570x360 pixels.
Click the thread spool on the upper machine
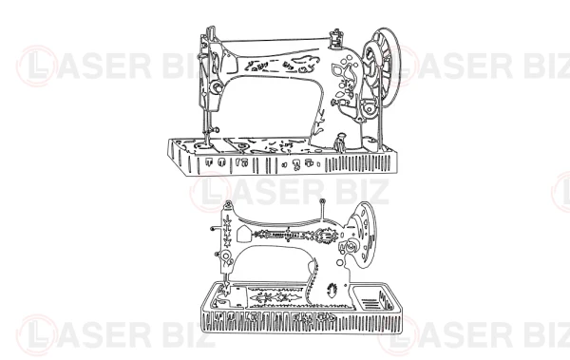coord(335,39)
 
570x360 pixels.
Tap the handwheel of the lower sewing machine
coord(362,235)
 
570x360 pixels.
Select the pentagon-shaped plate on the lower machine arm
coord(243,234)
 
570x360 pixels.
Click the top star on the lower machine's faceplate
coord(228,221)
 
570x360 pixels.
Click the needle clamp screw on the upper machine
coord(216,129)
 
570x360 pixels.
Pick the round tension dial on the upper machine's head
coord(217,87)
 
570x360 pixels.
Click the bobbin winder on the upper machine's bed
coord(341,142)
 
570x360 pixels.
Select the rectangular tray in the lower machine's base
coord(372,298)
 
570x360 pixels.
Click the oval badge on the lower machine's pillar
coord(332,290)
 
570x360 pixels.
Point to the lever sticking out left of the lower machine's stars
coord(217,229)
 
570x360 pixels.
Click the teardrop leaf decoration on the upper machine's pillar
coord(339,69)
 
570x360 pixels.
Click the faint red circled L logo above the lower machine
coord(210,192)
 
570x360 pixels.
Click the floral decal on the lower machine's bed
coord(275,295)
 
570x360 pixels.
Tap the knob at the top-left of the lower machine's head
coord(228,204)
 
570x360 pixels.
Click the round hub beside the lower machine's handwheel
coord(351,247)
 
